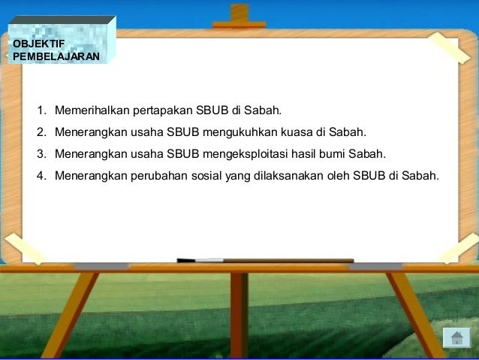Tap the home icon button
[x=456, y=337]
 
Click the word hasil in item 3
[x=310, y=154]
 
